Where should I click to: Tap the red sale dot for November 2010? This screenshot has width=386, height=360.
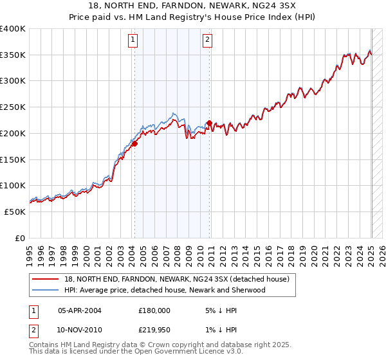coord(209,123)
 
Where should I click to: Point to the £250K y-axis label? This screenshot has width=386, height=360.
coord(13,107)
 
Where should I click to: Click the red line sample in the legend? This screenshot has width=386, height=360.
coord(46,279)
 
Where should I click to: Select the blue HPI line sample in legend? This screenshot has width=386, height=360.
coord(46,290)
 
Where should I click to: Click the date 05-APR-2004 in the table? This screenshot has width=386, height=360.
coord(80,310)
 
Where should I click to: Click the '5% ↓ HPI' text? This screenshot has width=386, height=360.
coord(221,310)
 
